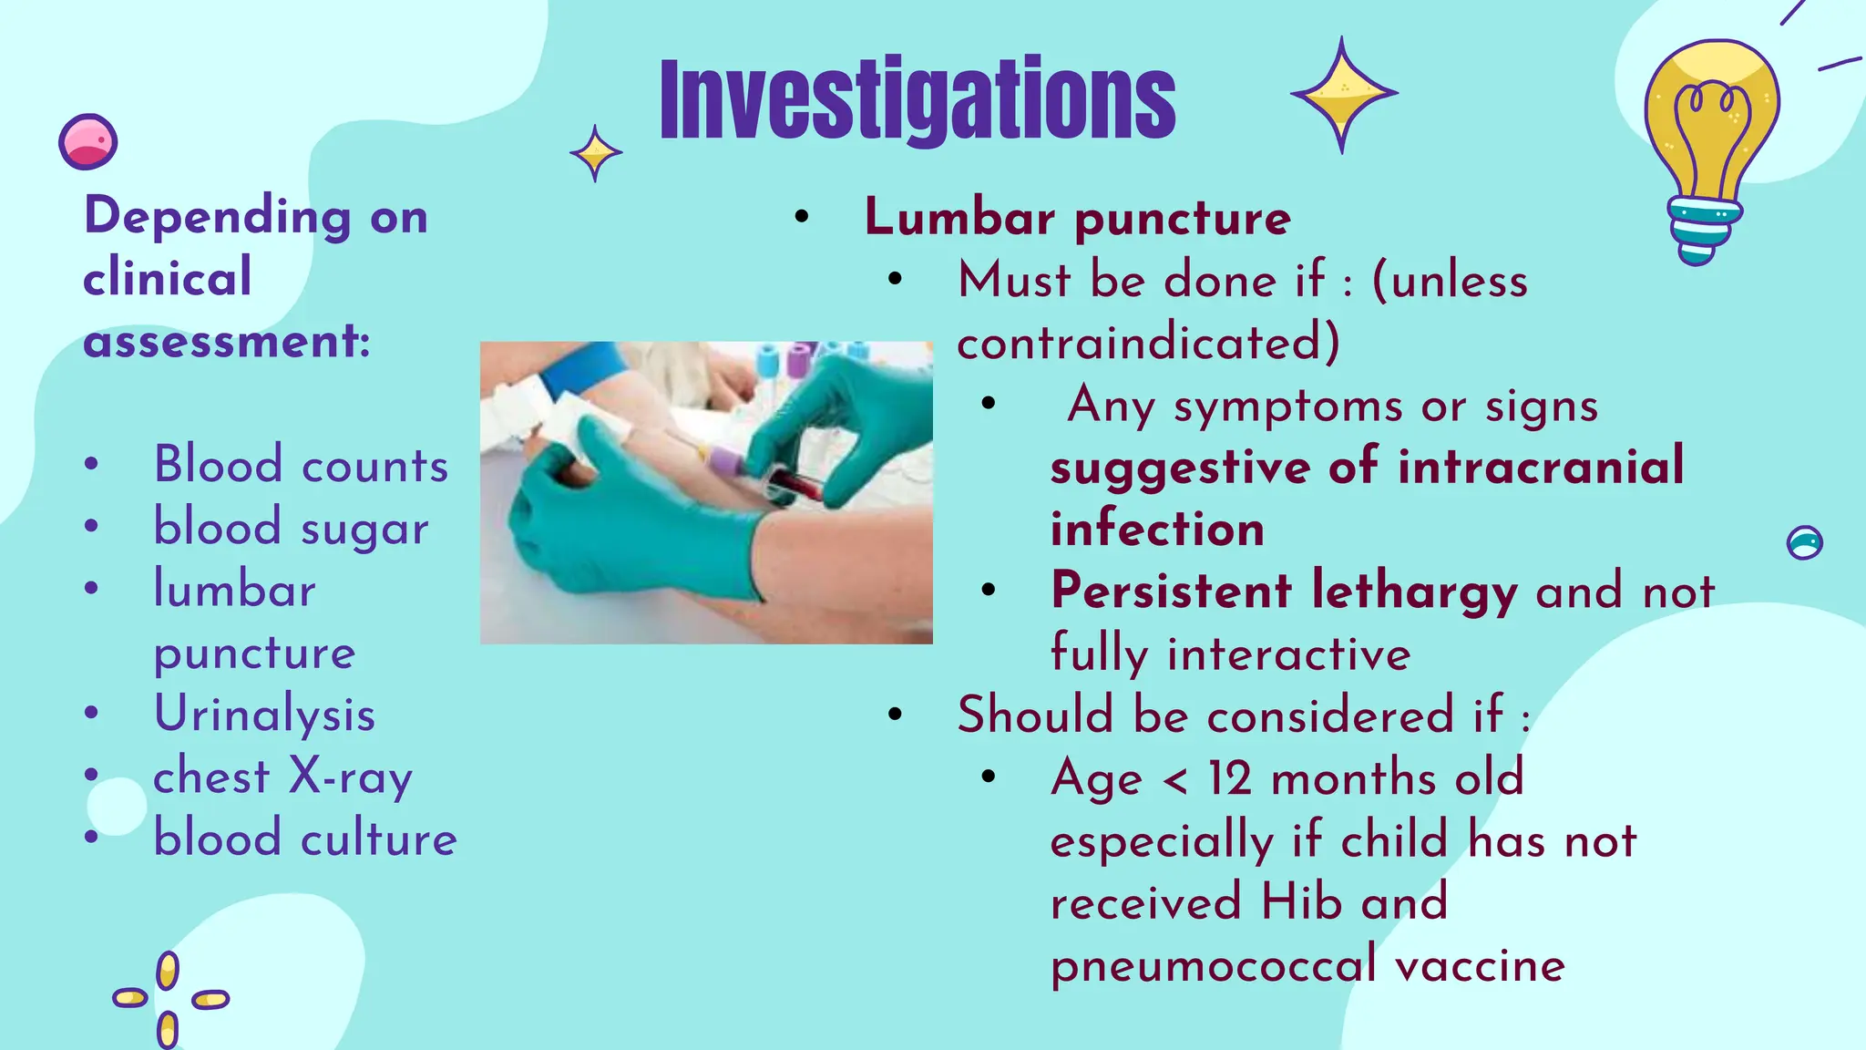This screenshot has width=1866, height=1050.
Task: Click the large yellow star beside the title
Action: click(x=1342, y=94)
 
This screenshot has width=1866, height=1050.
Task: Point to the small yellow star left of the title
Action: click(x=596, y=153)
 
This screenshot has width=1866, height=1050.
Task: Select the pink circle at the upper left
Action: click(x=87, y=142)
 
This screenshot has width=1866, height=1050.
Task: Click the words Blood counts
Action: click(x=301, y=465)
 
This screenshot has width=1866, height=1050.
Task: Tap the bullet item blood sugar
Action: click(x=291, y=529)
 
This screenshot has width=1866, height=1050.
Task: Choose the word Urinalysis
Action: click(x=264, y=714)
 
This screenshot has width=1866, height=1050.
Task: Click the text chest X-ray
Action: click(x=282, y=777)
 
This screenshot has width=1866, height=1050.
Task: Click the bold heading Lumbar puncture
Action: click(x=1077, y=218)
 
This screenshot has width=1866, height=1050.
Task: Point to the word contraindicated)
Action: click(x=1148, y=344)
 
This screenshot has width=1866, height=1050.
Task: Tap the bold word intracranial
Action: click(x=1540, y=467)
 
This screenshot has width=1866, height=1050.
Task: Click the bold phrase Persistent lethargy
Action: click(x=1284, y=591)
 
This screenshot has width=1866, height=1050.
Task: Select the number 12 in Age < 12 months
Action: click(x=1230, y=778)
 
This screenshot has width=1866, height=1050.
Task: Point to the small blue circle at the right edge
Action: click(x=1804, y=543)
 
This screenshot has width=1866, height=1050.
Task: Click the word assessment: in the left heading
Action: click(x=227, y=342)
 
